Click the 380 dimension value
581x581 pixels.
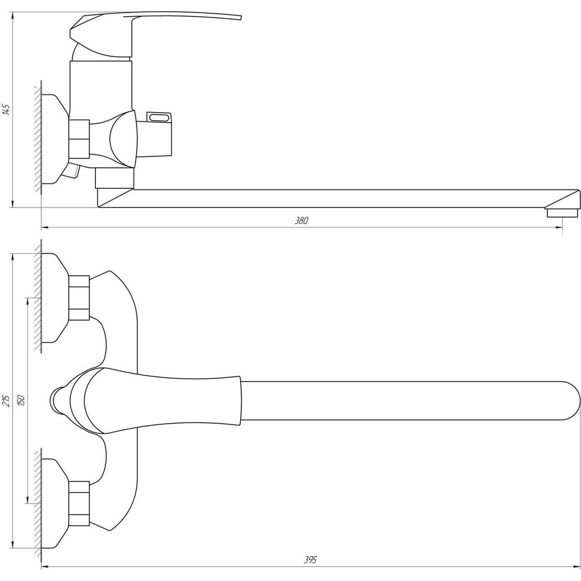[x=302, y=220]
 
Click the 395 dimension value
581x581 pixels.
[x=310, y=560]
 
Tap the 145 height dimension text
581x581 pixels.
[x=6, y=109]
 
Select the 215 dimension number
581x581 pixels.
[x=6, y=400]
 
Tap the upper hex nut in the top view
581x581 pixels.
[x=79, y=297]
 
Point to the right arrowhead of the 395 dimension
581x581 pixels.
[x=577, y=567]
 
